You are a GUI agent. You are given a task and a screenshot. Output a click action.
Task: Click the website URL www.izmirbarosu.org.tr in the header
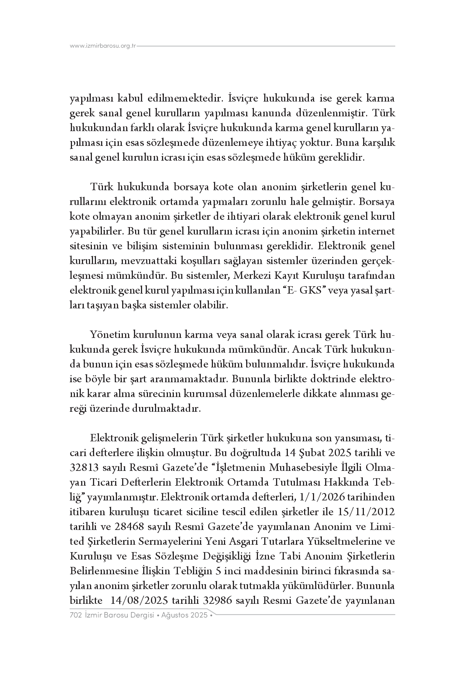point(103,46)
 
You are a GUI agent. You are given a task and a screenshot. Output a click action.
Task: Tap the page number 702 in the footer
point(76,615)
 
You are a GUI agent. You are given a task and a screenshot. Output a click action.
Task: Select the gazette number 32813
point(84,468)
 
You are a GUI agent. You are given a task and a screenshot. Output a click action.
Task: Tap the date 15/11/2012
point(366,512)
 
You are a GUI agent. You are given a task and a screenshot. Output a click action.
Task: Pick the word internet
point(377,232)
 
